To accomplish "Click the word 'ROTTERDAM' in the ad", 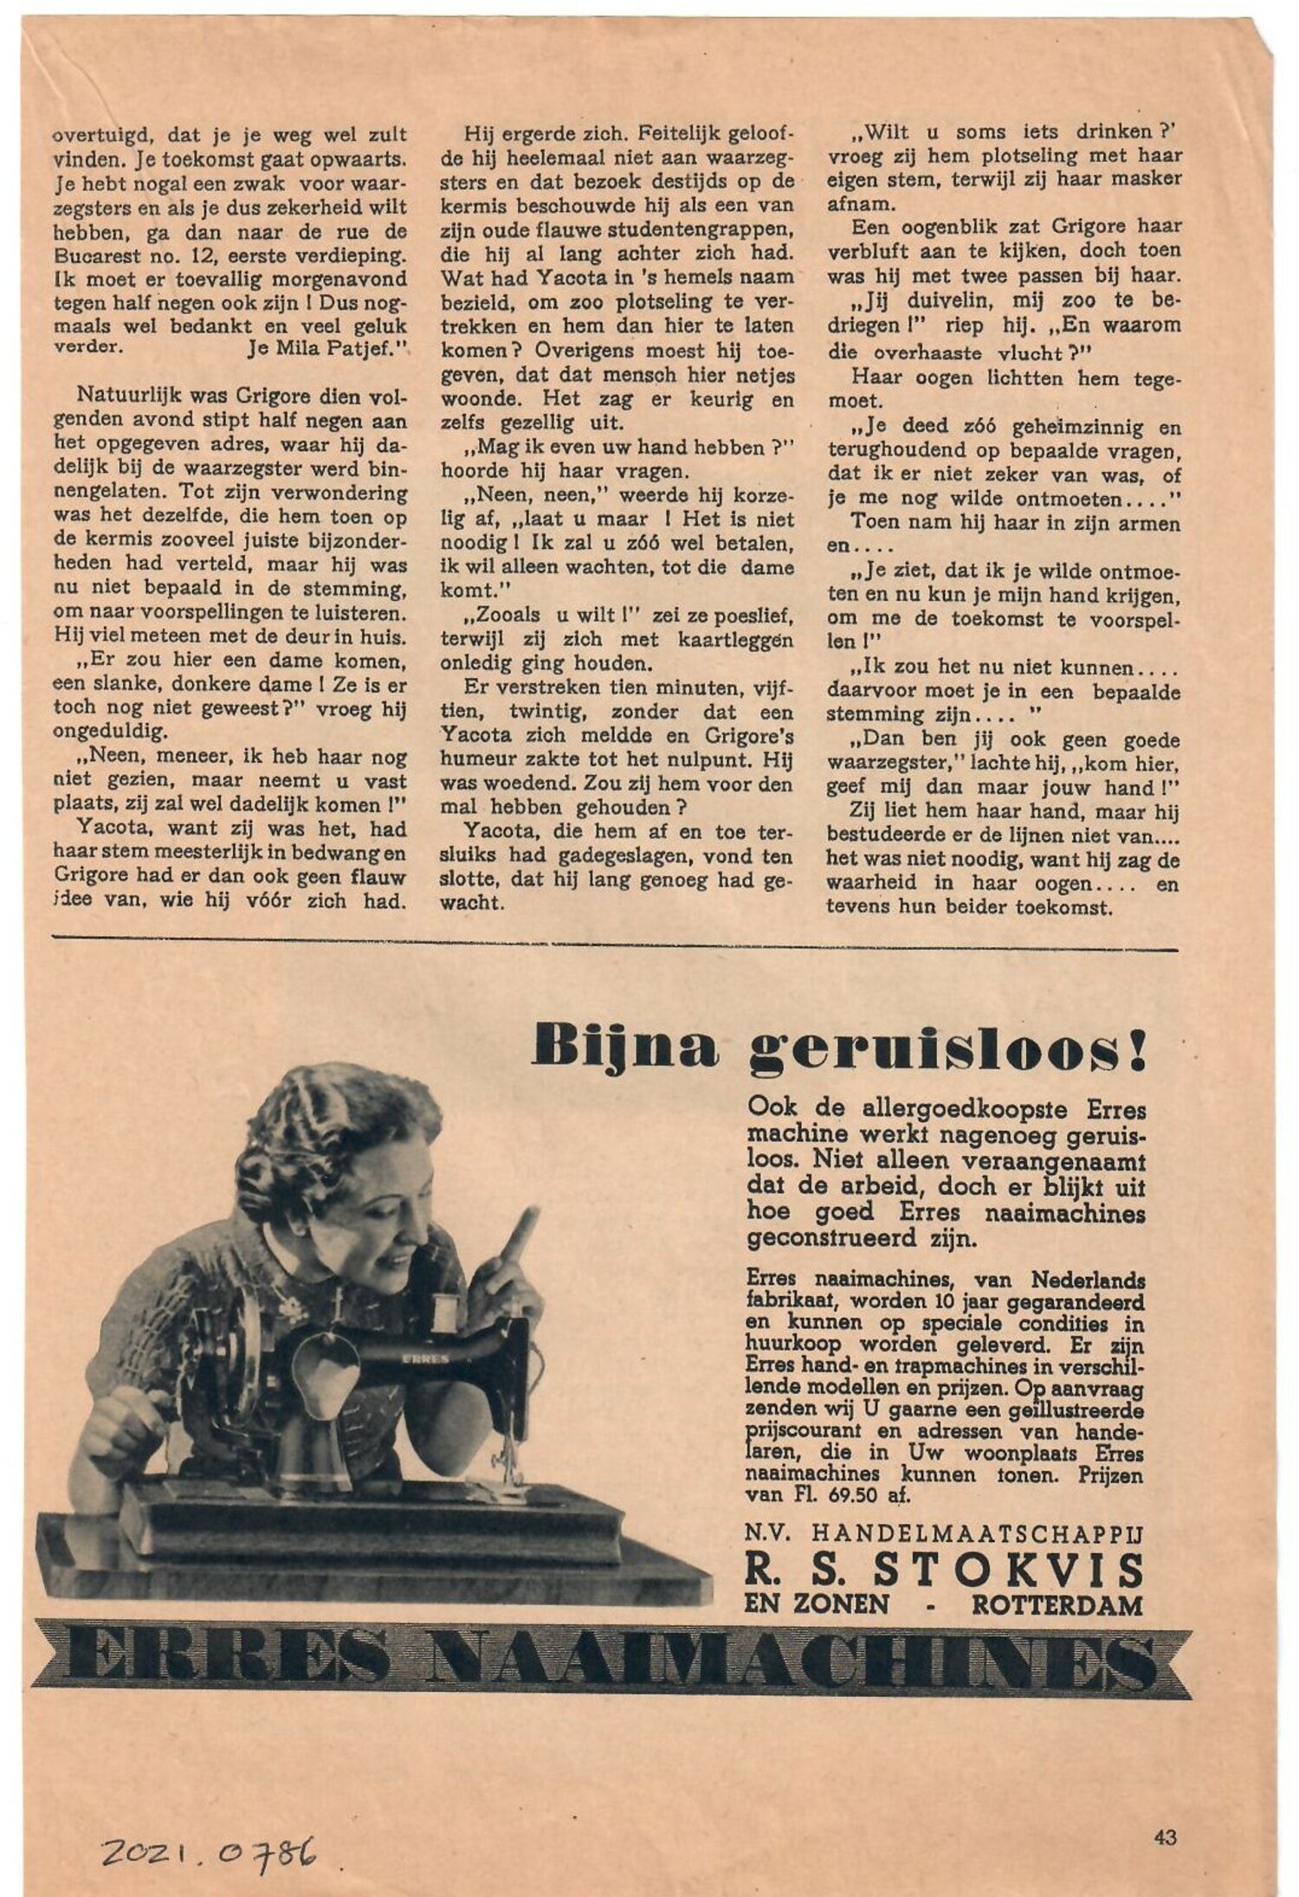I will [x=1057, y=1604].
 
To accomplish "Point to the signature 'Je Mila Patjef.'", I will [x=328, y=349].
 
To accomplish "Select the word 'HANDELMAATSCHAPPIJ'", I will [x=978, y=1532].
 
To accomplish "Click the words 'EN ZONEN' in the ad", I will [x=816, y=1604].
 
